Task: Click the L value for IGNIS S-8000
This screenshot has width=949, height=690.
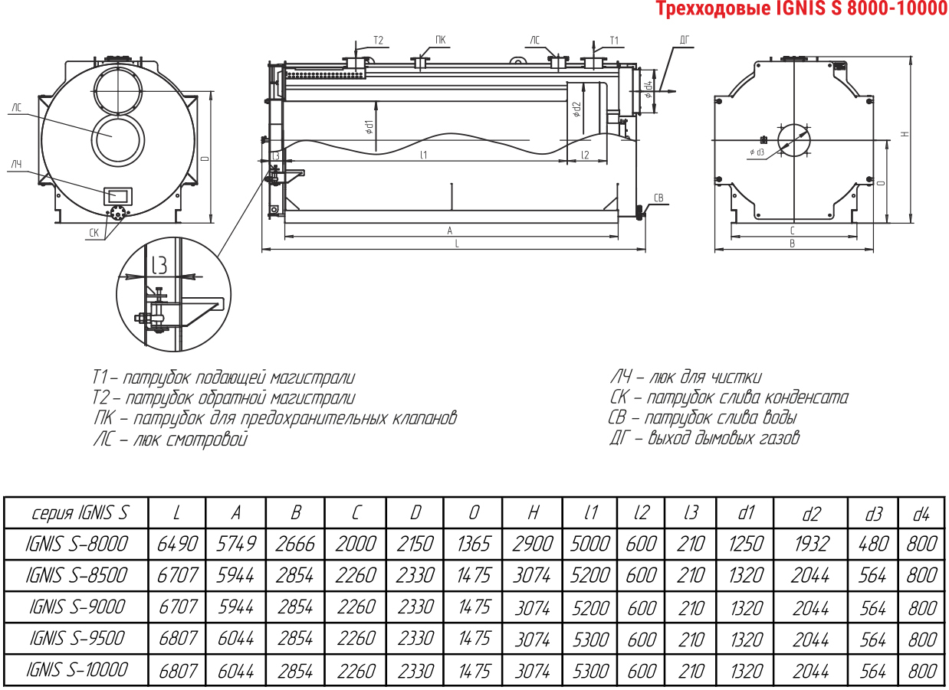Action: pos(177,544)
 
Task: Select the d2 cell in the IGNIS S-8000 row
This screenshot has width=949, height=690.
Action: pos(811,544)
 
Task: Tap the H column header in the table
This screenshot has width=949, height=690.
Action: pos(533,513)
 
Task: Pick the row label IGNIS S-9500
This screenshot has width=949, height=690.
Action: pos(77,639)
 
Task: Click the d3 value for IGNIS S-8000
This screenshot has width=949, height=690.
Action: pos(873,544)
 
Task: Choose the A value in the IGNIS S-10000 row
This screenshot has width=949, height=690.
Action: pos(235,671)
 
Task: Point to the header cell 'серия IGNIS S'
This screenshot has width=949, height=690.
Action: pos(80,513)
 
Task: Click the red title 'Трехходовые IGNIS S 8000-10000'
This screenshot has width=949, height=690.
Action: pos(802,8)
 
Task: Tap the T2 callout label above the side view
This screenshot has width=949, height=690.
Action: pos(379,41)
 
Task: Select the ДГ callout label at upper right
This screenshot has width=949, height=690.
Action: pos(685,40)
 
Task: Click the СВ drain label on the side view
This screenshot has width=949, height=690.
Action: pos(658,198)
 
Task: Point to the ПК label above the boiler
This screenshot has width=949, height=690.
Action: pos(441,40)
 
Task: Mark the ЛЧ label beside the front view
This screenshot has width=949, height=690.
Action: pos(16,164)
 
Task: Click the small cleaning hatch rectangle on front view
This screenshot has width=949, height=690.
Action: pos(118,196)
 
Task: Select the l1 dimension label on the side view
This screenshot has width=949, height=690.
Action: pos(423,155)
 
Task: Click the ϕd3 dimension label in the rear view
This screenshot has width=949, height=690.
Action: pos(757,152)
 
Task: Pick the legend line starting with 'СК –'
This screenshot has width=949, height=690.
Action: pos(729,397)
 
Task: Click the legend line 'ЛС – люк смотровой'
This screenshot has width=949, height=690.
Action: pos(170,439)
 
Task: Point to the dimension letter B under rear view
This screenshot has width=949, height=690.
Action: pos(793,244)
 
